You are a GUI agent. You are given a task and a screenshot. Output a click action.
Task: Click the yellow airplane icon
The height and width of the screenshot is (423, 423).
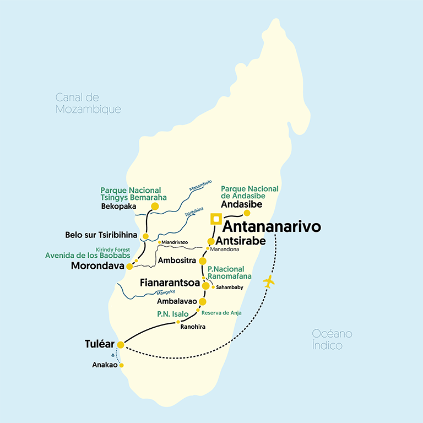coord(268,281)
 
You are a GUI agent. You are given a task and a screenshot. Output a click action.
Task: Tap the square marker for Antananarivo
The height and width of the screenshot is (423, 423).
coord(216,219)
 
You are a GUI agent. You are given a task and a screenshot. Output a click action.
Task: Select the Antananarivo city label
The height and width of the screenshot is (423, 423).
coord(272,227)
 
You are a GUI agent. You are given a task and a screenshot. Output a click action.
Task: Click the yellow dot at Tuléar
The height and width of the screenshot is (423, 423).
coord(121,345)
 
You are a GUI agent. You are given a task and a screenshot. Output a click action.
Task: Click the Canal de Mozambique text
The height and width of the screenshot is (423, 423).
coord(88,104)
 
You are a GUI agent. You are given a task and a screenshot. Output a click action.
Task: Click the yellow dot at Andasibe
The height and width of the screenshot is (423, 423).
coord(247,213)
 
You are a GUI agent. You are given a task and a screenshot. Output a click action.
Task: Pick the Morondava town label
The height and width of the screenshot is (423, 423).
coord(97,267)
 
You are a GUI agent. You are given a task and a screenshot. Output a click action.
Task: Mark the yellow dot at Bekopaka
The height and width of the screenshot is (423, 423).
coord(155,207)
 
